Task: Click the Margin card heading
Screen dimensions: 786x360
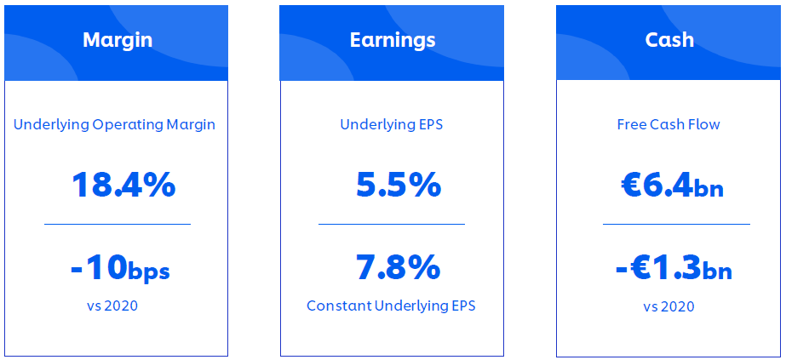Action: click(118, 40)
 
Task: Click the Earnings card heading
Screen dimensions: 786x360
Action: click(393, 40)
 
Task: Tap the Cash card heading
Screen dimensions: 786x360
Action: click(669, 40)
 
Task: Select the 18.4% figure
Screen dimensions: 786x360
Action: click(123, 185)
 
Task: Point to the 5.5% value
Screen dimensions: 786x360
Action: click(399, 185)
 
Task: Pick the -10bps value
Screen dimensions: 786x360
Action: click(120, 268)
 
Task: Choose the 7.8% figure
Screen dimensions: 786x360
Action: click(398, 267)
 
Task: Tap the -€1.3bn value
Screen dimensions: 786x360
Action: click(674, 268)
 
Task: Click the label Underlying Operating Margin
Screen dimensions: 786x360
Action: click(114, 124)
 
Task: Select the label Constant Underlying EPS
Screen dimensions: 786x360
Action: click(391, 306)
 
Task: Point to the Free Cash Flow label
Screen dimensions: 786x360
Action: click(668, 124)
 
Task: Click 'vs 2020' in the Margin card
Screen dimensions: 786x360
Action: click(112, 306)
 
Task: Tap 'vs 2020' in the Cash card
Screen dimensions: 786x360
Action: click(669, 306)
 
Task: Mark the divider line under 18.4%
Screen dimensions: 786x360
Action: click(118, 225)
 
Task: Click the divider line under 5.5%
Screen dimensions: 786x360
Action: click(392, 225)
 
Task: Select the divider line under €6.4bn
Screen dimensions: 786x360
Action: click(676, 225)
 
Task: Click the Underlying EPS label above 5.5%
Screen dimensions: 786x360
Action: click(392, 124)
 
